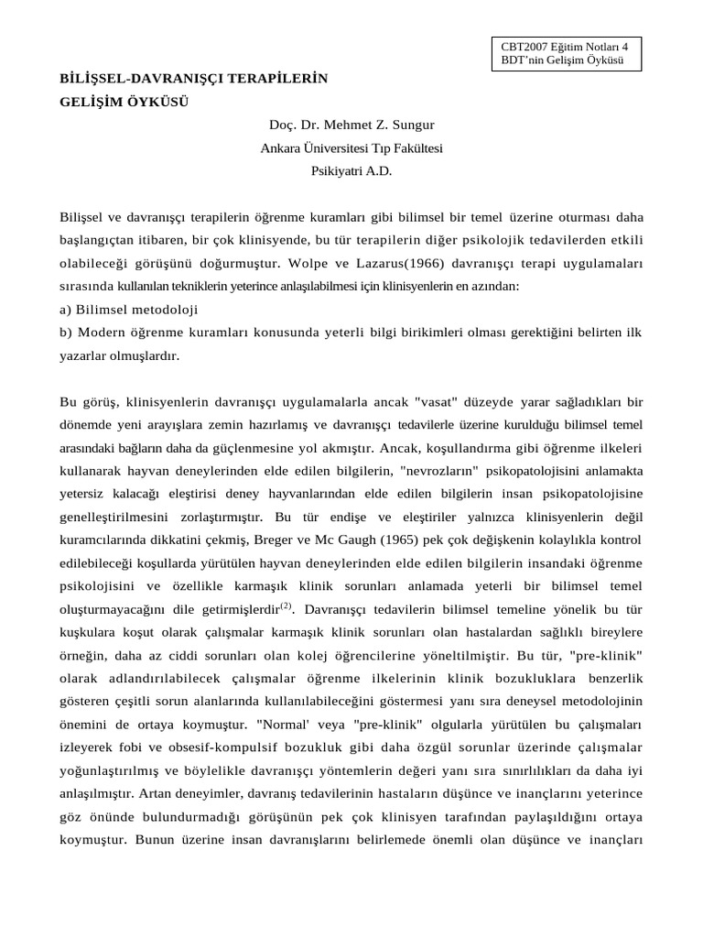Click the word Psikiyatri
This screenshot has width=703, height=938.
pyautogui.click(x=336, y=169)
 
